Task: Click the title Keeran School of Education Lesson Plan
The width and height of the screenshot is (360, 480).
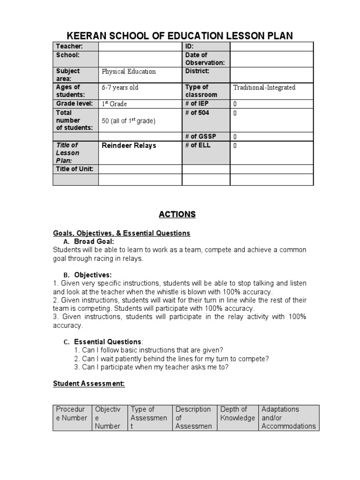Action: tap(180, 35)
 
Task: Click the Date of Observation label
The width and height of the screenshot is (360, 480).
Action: tap(205, 59)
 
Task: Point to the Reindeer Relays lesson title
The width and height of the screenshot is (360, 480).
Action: tap(129, 146)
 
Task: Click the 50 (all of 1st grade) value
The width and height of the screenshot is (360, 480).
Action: tap(128, 121)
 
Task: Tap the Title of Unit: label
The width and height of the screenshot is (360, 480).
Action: tap(75, 169)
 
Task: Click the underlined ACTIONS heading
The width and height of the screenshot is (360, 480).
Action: tap(177, 215)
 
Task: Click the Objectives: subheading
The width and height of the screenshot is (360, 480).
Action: tap(93, 275)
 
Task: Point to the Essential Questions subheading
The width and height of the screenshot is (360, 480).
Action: tap(107, 342)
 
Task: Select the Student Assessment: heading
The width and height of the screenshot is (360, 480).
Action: tap(89, 383)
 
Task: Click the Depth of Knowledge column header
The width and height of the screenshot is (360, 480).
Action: tap(237, 413)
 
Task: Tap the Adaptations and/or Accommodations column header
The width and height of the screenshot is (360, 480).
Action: tap(288, 418)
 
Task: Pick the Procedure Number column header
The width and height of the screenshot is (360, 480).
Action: tap(72, 413)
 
